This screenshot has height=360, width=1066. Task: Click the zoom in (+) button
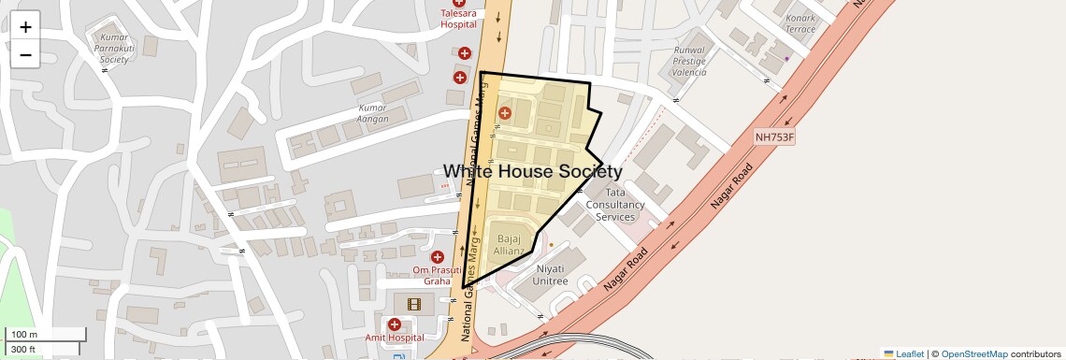[25, 27]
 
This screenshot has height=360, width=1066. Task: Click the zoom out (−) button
[25, 54]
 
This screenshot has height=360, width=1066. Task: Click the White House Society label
[532, 171]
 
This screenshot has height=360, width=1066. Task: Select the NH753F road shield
[774, 137]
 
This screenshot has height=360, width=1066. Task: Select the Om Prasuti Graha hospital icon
[437, 257]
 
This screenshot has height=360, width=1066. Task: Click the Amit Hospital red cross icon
[395, 324]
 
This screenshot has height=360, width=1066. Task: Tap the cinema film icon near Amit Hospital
[414, 303]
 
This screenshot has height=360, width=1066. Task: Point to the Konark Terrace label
[800, 23]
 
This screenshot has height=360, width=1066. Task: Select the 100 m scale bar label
[24, 335]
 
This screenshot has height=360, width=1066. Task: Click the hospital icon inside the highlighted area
[505, 113]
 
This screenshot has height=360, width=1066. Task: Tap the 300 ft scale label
[23, 350]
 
